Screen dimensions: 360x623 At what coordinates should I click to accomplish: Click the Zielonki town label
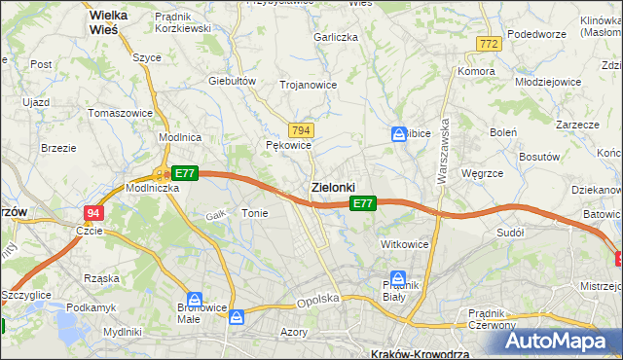pyautogui.click(x=332, y=186)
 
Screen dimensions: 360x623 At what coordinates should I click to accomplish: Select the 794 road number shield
pyautogui.click(x=301, y=130)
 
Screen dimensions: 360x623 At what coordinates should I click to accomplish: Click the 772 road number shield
pyautogui.click(x=489, y=44)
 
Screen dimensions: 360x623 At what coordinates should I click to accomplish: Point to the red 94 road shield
pyautogui.click(x=92, y=212)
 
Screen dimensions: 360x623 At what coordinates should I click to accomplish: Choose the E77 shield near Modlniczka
pyautogui.click(x=185, y=173)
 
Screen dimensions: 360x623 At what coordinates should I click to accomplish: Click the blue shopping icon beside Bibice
pyautogui.click(x=398, y=134)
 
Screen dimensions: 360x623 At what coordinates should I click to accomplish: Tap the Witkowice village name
pyautogui.click(x=405, y=244)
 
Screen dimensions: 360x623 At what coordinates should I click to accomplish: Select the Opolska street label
pyautogui.click(x=317, y=303)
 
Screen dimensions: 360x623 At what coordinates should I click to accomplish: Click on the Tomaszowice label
pyautogui.click(x=120, y=113)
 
